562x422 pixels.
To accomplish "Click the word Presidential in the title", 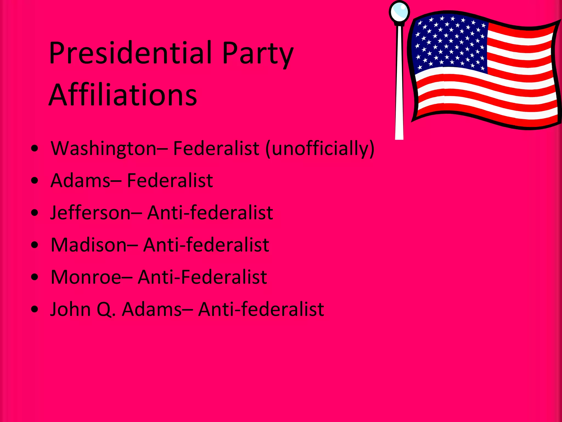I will point(130,53).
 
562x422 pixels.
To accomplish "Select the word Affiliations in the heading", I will point(123,95).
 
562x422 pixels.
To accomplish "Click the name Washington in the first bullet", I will point(104,149).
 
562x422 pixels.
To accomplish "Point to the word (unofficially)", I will point(320,149).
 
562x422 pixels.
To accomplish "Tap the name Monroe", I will point(86,277).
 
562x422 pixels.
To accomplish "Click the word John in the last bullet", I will point(70,309).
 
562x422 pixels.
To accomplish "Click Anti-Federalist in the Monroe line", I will point(202,277).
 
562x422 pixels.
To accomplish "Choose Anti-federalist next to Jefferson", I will point(210,213).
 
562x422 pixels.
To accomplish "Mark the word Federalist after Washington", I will point(216,149).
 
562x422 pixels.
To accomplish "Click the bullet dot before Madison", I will point(35,245).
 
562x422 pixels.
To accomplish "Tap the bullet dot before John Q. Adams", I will point(35,309).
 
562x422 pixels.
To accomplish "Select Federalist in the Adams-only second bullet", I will point(170,181).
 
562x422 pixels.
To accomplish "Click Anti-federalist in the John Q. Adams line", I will point(261,309).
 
